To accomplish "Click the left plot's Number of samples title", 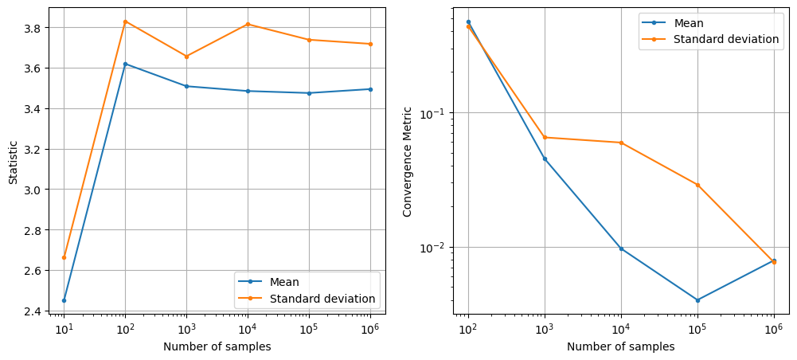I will pos(217,346).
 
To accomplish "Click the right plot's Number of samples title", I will pos(620,346).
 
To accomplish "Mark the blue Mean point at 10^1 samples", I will pos(64,300).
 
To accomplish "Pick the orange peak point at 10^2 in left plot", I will pos(125,22).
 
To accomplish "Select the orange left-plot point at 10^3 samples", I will pos(186,57).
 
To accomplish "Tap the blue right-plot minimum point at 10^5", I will pos(697,300).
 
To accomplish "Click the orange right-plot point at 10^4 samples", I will pos(621,143).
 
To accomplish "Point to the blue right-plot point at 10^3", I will pos(545,158).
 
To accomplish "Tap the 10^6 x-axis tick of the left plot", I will pos(369,327).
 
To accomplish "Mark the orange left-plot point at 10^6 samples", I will pos(370,44).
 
